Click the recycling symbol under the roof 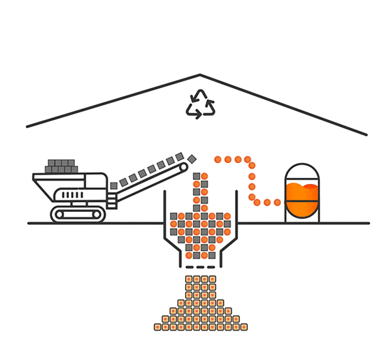pyautogui.click(x=200, y=105)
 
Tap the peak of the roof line pyautogui.click(x=200, y=76)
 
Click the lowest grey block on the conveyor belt pyautogui.click(x=113, y=186)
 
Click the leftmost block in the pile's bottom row pyautogui.click(x=157, y=327)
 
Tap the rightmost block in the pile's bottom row pyautogui.click(x=243, y=327)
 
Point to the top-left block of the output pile pyautogui.click(x=188, y=280)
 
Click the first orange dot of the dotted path pyautogui.click(x=218, y=159)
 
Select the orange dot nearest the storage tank pyautogui.click(x=278, y=202)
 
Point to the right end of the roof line pyautogui.click(x=366, y=134)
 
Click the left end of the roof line pyautogui.click(x=27, y=126)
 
